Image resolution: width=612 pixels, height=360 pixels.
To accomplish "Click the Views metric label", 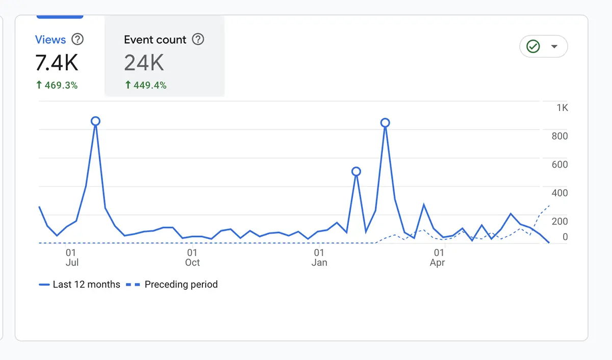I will (50, 40).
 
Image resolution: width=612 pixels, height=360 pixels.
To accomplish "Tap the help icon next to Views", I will (78, 39).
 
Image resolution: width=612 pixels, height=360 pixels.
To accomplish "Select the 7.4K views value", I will (57, 63).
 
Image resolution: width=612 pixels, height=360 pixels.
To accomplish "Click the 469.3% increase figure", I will (57, 85).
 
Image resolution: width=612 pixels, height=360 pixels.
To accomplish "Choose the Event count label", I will (155, 40).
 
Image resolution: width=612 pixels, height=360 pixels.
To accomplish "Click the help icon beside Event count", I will (198, 39).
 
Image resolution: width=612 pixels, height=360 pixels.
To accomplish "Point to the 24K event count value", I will (144, 63).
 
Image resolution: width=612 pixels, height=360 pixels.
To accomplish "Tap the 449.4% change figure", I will (146, 85).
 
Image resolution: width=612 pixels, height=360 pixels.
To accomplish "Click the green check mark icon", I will (533, 46).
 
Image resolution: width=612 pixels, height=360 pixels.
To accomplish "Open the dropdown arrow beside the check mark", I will (554, 47).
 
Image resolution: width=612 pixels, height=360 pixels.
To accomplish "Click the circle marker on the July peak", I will (95, 121).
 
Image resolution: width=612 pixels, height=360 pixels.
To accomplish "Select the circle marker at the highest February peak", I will (385, 122).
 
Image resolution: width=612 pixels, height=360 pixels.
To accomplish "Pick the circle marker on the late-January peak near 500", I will (356, 171).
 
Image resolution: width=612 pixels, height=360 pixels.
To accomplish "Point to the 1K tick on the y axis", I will (562, 108).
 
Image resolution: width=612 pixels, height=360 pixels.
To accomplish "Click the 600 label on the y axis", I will (559, 164).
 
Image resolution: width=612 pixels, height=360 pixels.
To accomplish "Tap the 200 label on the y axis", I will (559, 221).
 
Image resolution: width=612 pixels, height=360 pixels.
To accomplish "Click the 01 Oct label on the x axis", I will (192, 258).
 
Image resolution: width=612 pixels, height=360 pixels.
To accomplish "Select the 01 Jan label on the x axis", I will (319, 258).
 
